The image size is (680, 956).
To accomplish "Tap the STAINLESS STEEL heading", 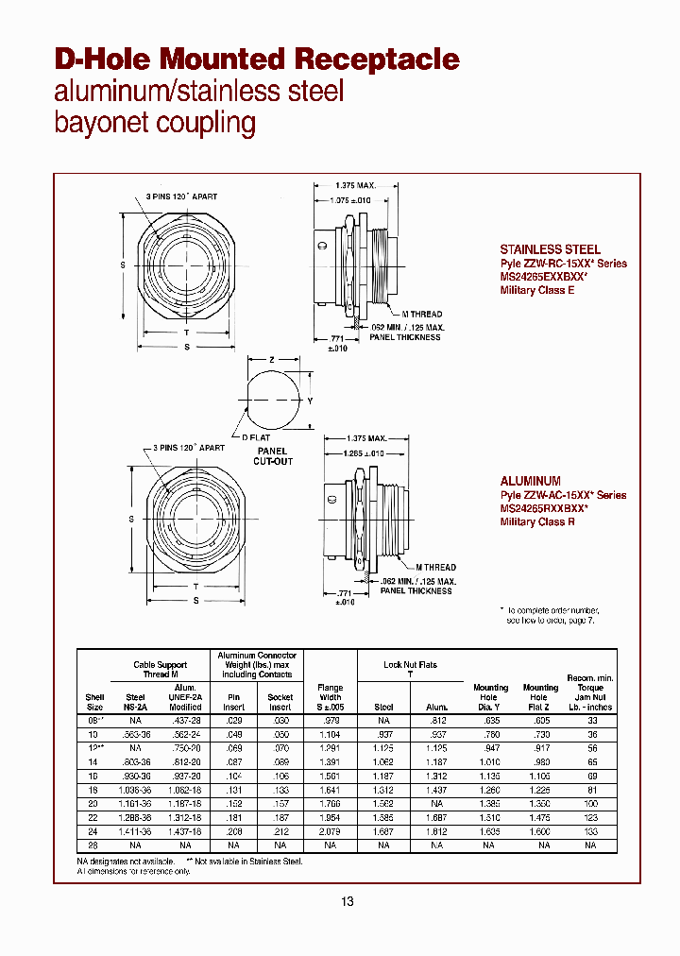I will [550, 249].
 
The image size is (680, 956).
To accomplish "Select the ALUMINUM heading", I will [530, 481].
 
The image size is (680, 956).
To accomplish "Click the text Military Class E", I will [536, 290].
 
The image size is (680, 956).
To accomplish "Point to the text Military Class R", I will [536, 521].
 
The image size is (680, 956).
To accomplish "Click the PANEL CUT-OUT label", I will [273, 456].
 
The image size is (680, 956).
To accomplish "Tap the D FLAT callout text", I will [256, 439].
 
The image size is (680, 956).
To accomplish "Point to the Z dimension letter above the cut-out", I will [271, 360].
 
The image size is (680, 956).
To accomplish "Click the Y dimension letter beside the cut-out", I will [311, 400].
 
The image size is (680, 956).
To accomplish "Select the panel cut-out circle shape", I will [271, 401].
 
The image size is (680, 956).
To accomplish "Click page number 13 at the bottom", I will [347, 902].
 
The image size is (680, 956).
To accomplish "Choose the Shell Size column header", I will [94, 701].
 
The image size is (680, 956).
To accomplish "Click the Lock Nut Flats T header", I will [410, 670].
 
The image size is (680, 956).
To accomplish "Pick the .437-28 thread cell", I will [185, 721].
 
